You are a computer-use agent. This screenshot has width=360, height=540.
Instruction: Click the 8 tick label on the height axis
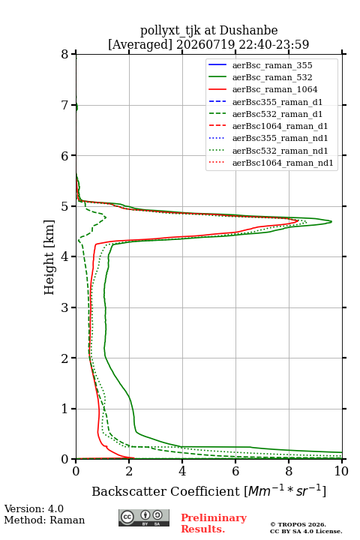coord(65,55)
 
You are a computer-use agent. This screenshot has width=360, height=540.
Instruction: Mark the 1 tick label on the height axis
coord(65,409)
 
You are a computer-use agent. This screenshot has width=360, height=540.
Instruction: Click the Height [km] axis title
coord(49,257)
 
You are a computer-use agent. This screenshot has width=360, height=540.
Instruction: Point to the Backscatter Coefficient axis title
coord(208,490)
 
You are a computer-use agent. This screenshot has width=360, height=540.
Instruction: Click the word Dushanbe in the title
coord(248,31)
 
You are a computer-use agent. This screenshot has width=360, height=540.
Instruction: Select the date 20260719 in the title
coord(205,44)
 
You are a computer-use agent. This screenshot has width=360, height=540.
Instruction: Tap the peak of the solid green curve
coord(331,221)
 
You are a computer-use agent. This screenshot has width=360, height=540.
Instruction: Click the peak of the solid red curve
coord(298,220)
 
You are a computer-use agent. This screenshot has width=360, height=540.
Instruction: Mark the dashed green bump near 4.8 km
coord(106,217)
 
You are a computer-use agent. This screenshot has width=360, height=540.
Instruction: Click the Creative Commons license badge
coord(144,517)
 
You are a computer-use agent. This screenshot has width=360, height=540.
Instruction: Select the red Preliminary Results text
coord(214,523)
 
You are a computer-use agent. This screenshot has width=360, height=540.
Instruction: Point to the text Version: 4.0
coord(34,508)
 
